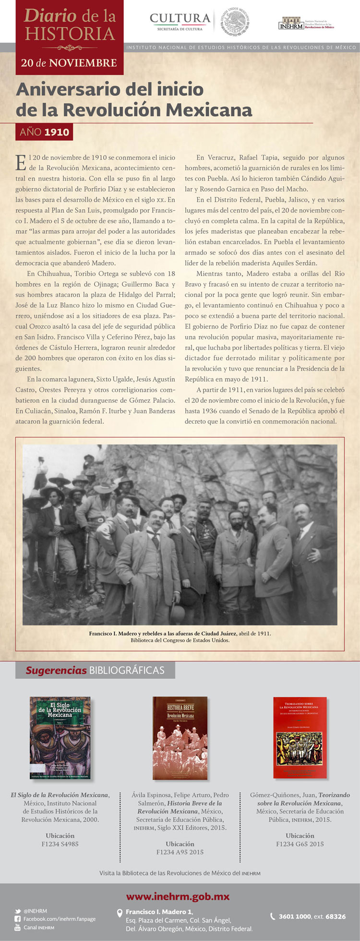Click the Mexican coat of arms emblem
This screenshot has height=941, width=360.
(235, 22)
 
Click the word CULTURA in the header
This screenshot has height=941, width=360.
(180, 19)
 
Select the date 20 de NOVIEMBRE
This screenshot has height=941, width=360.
(69, 63)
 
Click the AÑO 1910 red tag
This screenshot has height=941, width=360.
(44, 132)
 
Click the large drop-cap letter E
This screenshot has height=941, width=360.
(21, 163)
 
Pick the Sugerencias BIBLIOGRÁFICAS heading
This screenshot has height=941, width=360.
(95, 670)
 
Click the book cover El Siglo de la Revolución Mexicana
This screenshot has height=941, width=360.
(60, 738)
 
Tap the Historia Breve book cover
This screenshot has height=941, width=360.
(180, 738)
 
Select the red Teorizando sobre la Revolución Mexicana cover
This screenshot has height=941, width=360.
(300, 737)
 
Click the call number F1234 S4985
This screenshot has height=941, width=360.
(60, 844)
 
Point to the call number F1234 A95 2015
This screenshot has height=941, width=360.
(180, 852)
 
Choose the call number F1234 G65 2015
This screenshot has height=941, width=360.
(300, 844)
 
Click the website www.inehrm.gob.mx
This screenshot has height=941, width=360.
(178, 896)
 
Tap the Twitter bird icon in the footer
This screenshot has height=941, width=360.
(18, 911)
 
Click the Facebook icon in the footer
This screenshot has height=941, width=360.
(18, 919)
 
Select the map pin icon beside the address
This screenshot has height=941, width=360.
(120, 913)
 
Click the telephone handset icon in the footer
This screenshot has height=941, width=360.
(273, 916)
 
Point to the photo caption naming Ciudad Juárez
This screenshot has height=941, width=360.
(180, 633)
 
